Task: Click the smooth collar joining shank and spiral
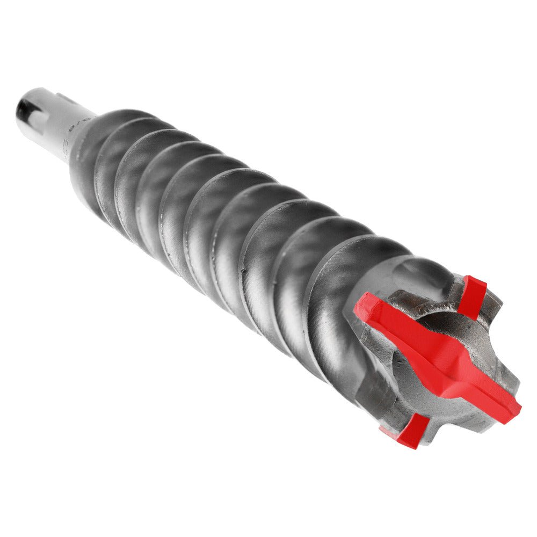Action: (81, 161)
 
